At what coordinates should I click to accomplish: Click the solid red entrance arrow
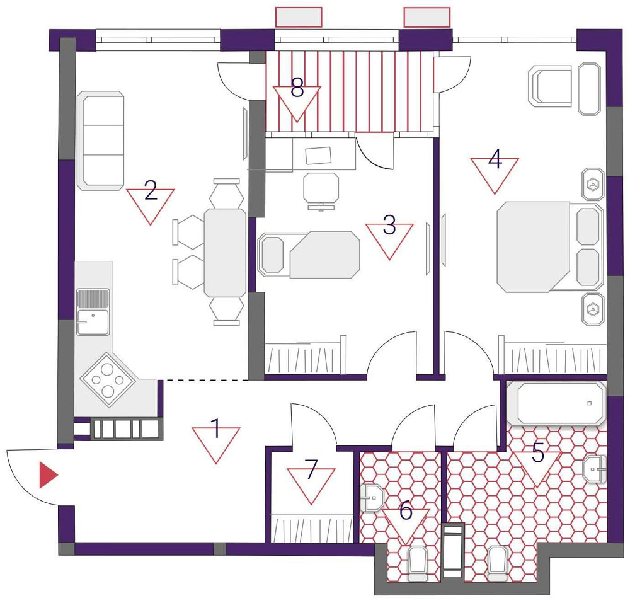(47, 475)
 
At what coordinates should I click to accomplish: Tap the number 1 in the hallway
(215, 430)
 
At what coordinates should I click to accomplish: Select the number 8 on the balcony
(297, 89)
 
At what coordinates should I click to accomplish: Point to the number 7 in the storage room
(310, 472)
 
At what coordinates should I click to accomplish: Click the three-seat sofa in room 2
(100, 141)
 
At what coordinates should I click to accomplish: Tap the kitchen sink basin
(93, 322)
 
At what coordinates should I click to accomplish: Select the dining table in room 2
(225, 253)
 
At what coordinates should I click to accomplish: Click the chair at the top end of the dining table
(226, 193)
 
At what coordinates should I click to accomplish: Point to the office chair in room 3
(321, 188)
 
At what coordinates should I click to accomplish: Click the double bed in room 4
(548, 246)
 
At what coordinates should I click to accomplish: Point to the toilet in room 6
(418, 563)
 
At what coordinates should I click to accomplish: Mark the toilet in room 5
(498, 563)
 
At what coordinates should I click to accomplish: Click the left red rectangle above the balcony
(299, 17)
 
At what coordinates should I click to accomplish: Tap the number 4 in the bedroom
(495, 160)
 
